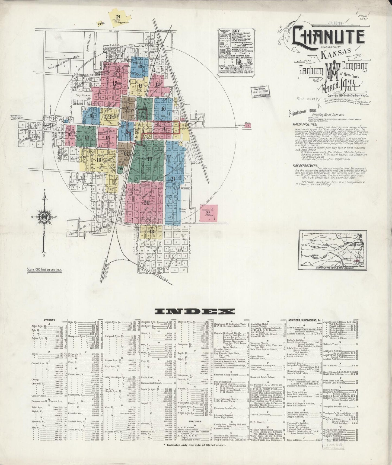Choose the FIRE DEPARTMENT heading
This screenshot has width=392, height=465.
tap(305, 165)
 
